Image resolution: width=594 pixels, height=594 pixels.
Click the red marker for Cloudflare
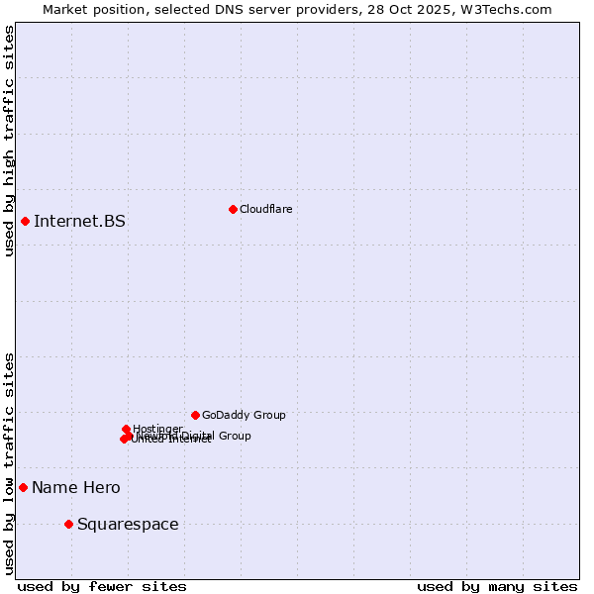click(x=233, y=209)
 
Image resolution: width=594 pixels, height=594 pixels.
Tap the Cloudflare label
click(x=265, y=209)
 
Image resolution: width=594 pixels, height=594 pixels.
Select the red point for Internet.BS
click(x=25, y=221)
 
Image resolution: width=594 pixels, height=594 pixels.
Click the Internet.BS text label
click(x=79, y=221)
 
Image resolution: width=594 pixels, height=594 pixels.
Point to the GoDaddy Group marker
click(x=195, y=415)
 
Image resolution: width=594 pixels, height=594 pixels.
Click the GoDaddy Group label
click(x=244, y=415)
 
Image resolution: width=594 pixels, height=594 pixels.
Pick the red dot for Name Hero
click(x=23, y=487)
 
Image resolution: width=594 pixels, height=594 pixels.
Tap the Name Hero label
click(x=76, y=487)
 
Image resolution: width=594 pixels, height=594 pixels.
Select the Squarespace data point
click(x=68, y=524)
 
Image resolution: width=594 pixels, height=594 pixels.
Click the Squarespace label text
click(x=128, y=524)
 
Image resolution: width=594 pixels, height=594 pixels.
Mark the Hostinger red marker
click(x=127, y=429)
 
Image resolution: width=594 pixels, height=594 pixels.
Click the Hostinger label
click(x=157, y=429)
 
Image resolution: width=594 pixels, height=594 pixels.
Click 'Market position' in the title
click(x=88, y=9)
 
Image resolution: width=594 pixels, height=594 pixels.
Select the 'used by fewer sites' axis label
click(x=102, y=586)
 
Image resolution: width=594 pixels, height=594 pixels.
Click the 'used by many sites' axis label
click(x=497, y=586)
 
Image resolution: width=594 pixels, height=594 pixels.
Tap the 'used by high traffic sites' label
click(x=9, y=141)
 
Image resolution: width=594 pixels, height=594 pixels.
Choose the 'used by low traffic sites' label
click(x=9, y=462)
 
